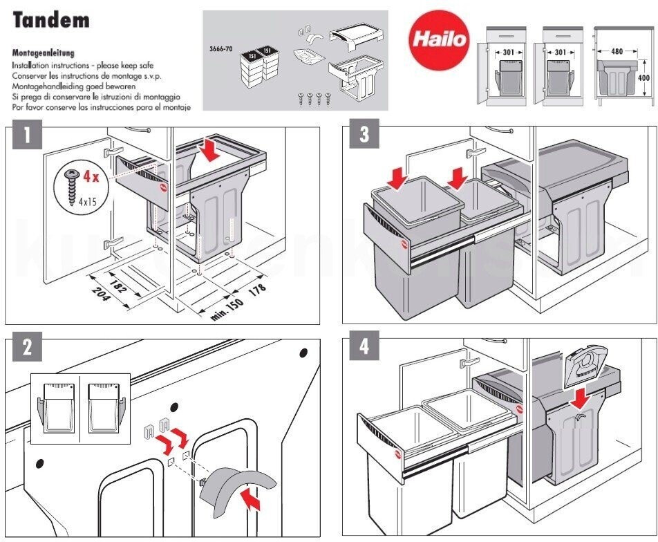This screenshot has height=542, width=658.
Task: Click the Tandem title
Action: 51,20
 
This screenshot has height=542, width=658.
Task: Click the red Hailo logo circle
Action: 440,38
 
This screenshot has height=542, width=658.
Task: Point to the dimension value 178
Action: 258,289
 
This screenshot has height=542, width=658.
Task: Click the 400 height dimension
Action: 643,78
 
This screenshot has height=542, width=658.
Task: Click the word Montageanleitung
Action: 44,53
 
